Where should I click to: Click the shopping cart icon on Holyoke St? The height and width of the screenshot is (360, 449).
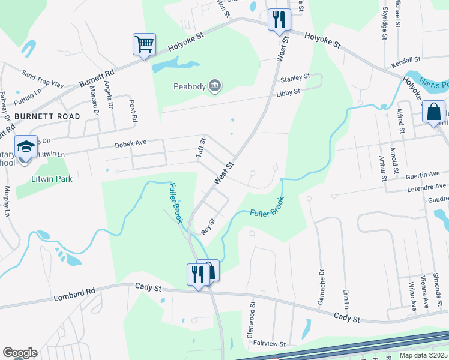click(144, 44)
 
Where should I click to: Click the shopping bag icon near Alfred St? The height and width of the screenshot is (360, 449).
click(433, 112)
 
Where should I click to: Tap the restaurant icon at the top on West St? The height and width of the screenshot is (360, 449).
click(279, 19)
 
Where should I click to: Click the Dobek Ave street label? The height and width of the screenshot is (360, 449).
click(131, 145)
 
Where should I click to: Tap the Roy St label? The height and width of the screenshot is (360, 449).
click(208, 227)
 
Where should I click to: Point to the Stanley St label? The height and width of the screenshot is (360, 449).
click(294, 78)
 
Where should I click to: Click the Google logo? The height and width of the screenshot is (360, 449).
click(20, 353)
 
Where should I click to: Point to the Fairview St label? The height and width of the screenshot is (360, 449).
click(270, 344)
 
